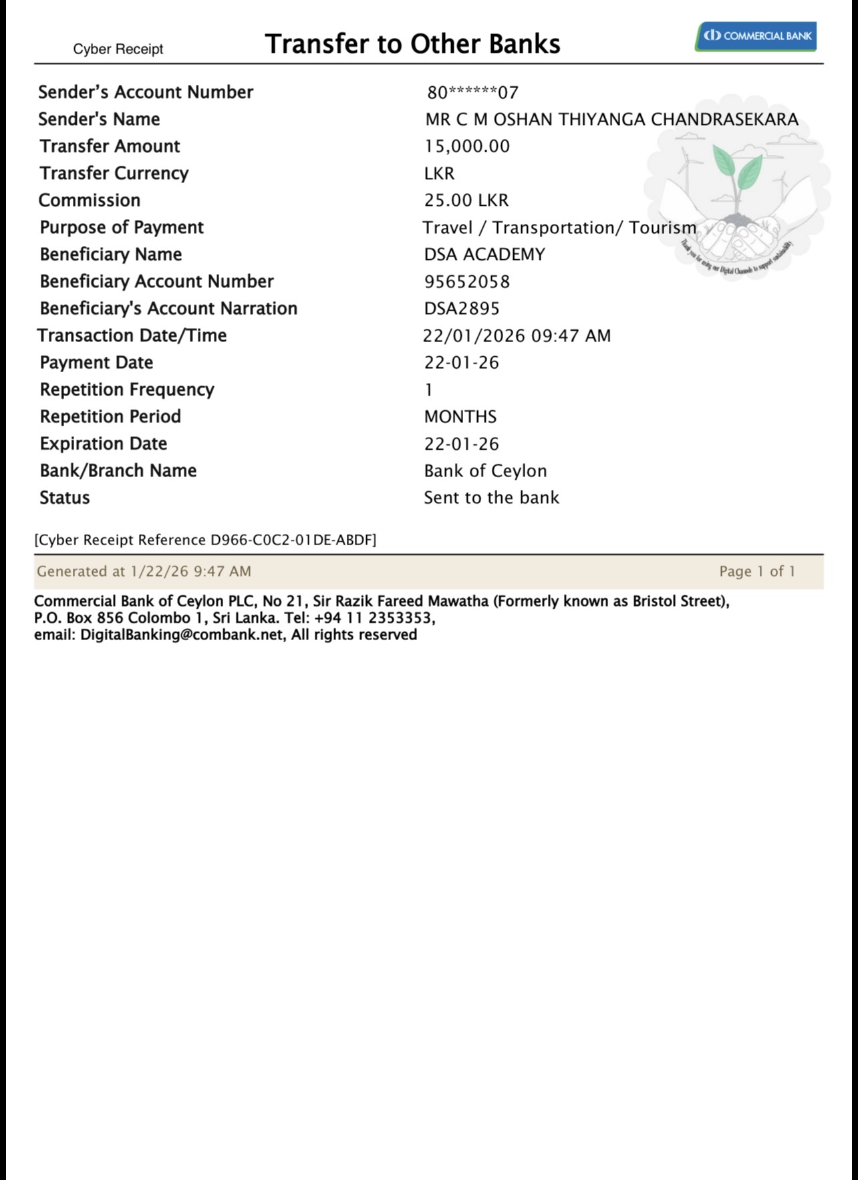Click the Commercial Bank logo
point(756,36)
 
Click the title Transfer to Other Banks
point(412,44)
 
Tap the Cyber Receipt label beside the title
point(118,49)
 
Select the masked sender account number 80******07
point(472,92)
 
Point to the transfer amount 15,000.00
point(467,146)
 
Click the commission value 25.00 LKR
point(466,200)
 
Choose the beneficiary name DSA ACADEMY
point(484,255)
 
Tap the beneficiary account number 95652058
point(467,281)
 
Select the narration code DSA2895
point(462,309)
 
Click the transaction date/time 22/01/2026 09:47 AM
point(517,335)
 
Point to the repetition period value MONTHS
point(460,417)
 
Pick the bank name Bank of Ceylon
point(485,471)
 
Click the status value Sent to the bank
point(491,498)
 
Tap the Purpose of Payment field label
point(122,228)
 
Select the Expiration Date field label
point(104,444)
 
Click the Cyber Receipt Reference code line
point(205,540)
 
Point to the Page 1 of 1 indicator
point(757,571)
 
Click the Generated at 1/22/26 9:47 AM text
point(144,571)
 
